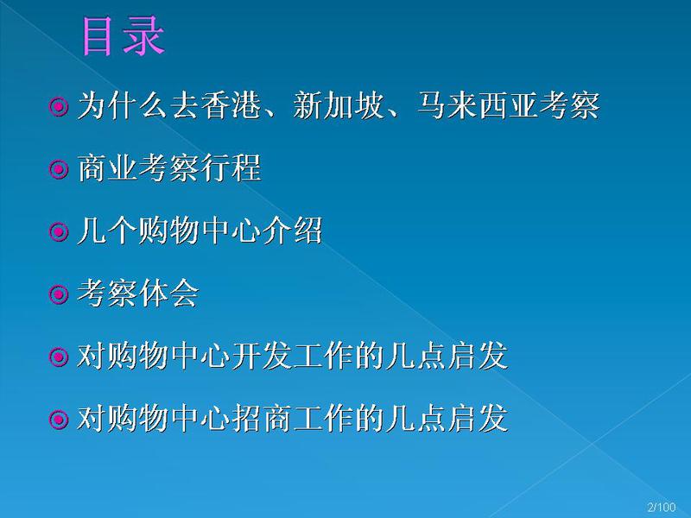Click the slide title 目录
124,36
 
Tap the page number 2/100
661,507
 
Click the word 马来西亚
479,105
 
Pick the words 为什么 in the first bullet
122,105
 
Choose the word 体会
168,293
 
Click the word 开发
262,356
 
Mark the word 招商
262,418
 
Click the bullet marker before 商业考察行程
58,169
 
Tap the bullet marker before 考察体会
58,294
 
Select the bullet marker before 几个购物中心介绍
58,231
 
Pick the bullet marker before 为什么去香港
58,106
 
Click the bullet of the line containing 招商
58,420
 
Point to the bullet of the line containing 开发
58,357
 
